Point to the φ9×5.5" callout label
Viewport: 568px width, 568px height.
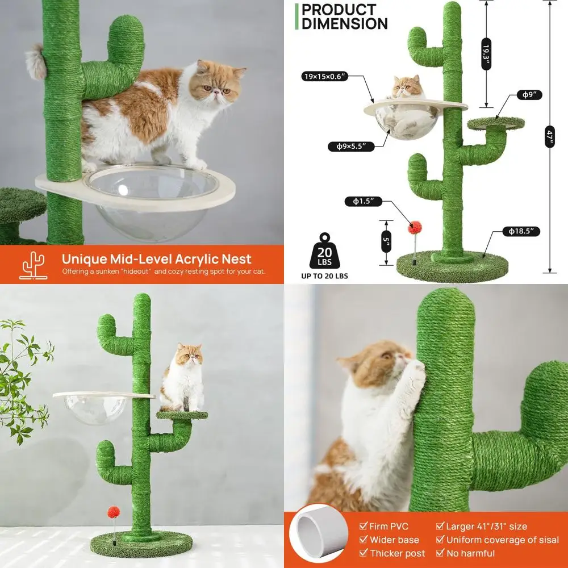click(x=352, y=147)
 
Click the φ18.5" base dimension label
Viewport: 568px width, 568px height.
click(x=520, y=231)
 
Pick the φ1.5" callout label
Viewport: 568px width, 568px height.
click(x=363, y=201)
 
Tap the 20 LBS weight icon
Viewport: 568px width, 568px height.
click(x=324, y=252)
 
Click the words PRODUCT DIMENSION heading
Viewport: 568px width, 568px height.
click(x=344, y=16)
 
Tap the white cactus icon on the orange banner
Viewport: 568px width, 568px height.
click(x=33, y=265)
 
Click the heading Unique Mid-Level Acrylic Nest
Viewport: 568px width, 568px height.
click(x=156, y=259)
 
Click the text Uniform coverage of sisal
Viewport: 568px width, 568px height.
click(x=502, y=540)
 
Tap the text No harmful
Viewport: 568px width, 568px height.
click(x=470, y=553)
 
